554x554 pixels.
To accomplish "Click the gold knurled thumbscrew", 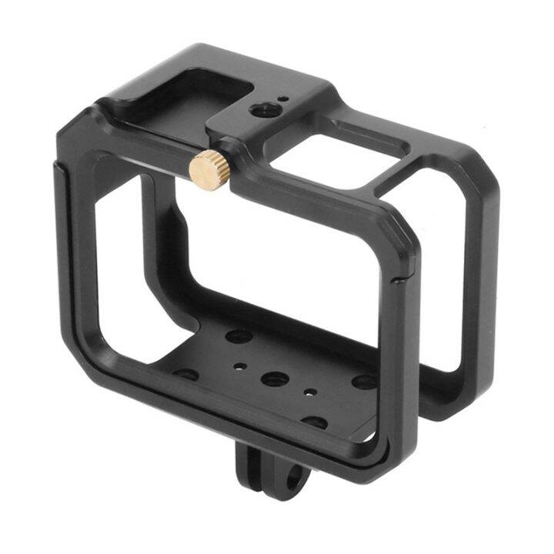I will click(210, 167).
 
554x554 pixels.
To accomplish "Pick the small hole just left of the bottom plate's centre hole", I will click(242, 367).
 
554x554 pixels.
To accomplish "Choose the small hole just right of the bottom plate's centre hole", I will click(309, 392).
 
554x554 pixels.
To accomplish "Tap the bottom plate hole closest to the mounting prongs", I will click(314, 422).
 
